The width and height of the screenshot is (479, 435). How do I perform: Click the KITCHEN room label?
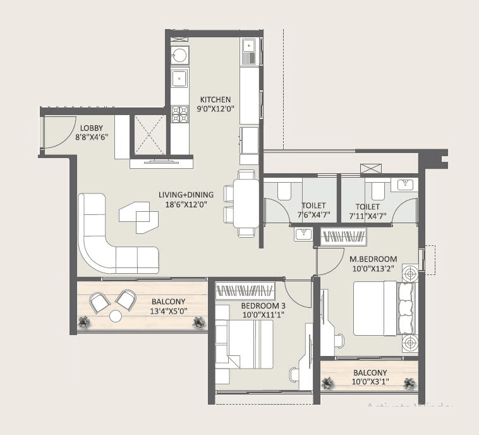(215, 100)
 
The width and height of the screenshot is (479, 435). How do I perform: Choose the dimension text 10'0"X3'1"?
(370, 382)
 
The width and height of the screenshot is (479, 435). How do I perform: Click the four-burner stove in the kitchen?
(181, 114)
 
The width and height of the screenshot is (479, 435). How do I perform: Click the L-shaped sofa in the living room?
(111, 237)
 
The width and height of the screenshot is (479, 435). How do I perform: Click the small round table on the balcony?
(116, 316)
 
